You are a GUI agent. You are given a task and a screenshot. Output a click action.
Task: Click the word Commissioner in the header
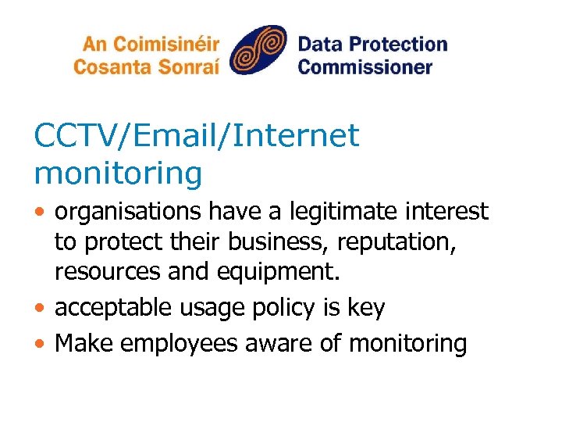click(365, 66)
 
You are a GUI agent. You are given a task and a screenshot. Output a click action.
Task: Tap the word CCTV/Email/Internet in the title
click(197, 136)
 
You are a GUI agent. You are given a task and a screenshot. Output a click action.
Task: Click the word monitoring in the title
click(118, 173)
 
